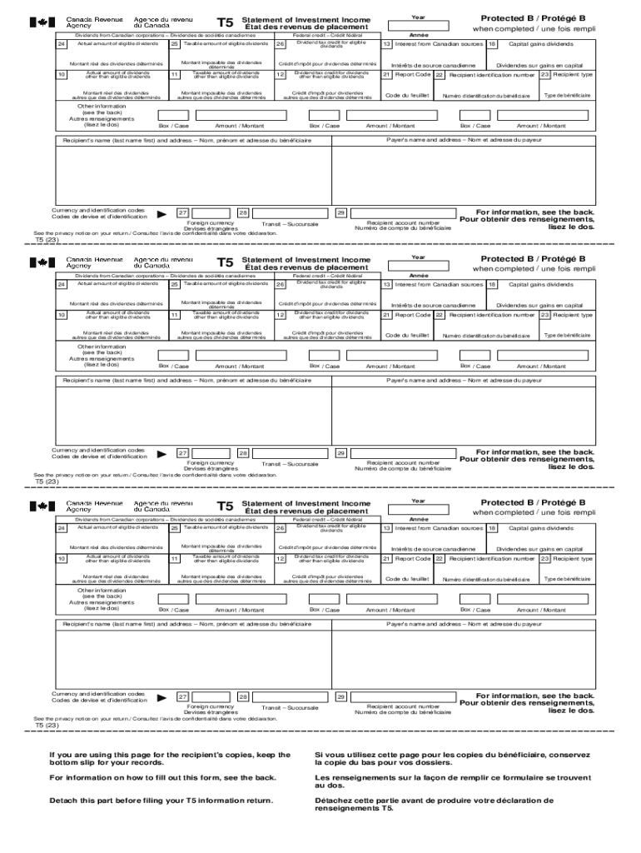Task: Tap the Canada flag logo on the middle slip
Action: pos(38,263)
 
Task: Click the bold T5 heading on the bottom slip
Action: pos(225,506)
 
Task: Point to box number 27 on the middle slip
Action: pos(182,455)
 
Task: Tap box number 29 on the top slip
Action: pos(340,213)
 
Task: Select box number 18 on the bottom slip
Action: pos(492,528)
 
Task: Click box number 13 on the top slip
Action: pos(387,43)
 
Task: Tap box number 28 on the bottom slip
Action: pos(243,696)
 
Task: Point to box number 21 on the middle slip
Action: pos(387,315)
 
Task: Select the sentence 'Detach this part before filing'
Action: pos(161,801)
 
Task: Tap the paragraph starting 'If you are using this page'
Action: pos(170,759)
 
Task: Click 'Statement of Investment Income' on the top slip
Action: pos(306,17)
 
